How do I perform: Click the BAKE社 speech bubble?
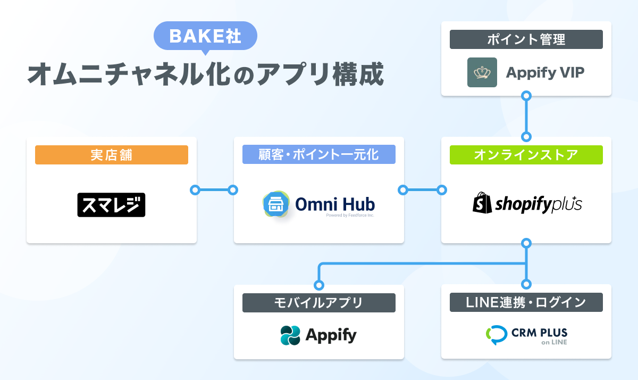point(205,36)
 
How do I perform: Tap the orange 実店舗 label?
point(111,155)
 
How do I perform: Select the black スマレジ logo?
point(111,205)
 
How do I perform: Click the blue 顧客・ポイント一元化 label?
point(318,154)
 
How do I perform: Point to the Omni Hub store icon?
point(276,204)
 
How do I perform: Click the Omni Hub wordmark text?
point(335,204)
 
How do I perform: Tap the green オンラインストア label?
point(526,155)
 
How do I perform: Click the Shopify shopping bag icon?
point(482,203)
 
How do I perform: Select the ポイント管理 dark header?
point(526,39)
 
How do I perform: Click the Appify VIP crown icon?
point(482,72)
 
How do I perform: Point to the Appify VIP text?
point(545,73)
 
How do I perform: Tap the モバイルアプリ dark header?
point(318,303)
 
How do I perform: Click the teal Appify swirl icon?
point(290,335)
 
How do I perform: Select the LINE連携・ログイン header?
point(526,302)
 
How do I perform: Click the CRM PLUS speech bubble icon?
point(497,335)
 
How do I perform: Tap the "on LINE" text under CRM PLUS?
point(554,342)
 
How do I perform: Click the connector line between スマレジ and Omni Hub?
point(214,190)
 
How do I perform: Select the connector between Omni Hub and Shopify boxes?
point(422,190)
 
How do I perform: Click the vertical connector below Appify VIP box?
point(526,117)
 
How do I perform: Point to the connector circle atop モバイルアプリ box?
point(319,285)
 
